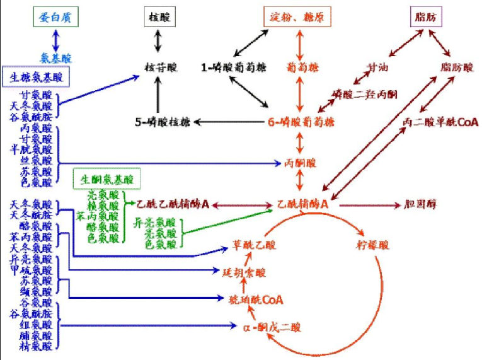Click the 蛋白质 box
(x=57, y=17)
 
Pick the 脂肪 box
(x=426, y=17)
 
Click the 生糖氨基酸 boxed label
(x=35, y=78)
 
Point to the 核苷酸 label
(x=158, y=66)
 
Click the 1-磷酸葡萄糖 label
(x=230, y=66)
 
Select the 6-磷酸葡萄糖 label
(x=301, y=120)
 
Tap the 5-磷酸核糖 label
(x=161, y=120)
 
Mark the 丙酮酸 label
(x=301, y=163)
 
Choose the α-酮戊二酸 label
(x=272, y=327)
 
